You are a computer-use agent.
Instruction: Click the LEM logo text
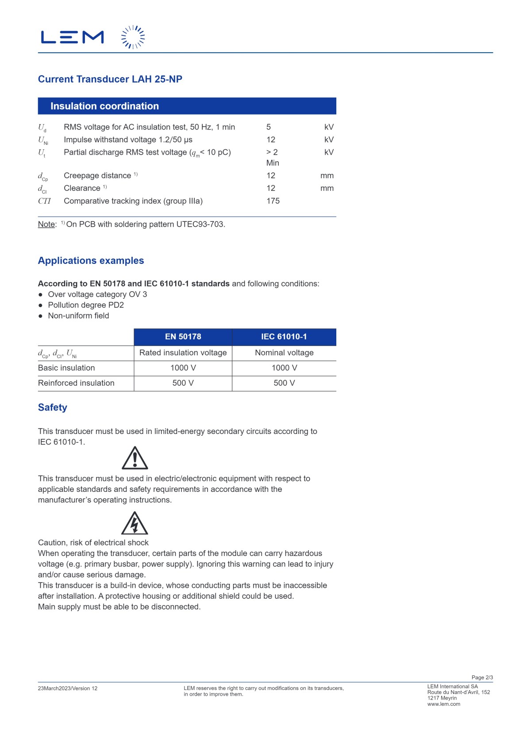72,37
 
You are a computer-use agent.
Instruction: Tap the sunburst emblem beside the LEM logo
133,37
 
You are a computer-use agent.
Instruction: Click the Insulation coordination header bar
187,106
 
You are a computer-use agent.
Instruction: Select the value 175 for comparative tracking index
273,201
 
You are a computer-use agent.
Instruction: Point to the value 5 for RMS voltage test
269,127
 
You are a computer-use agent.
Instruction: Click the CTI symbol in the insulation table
44,201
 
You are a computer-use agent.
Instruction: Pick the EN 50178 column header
183,337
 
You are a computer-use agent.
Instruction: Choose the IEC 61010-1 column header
284,337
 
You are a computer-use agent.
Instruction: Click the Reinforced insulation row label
76,383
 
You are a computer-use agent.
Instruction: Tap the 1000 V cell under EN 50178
183,368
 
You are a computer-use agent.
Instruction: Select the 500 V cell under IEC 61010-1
284,383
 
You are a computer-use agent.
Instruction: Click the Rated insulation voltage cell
183,353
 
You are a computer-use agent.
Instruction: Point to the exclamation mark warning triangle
135,459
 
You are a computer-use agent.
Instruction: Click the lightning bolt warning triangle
135,524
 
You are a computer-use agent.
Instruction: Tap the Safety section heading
53,407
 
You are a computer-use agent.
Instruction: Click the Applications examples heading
91,261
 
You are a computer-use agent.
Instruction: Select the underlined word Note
46,225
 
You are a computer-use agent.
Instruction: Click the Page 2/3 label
482,678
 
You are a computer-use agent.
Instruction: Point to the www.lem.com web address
443,704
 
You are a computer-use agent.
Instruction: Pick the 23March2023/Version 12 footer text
68,689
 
